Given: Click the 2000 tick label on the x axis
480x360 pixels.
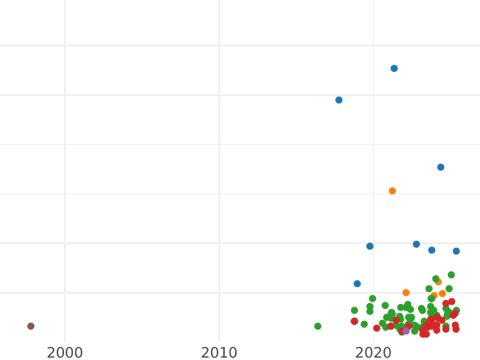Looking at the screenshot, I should [x=65, y=352].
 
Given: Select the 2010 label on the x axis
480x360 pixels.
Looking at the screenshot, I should [x=219, y=352].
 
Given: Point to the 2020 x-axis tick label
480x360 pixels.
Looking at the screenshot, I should [x=373, y=352].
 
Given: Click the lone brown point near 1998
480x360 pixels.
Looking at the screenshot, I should [x=30, y=326].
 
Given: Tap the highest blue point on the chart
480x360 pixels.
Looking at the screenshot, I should [x=394, y=69].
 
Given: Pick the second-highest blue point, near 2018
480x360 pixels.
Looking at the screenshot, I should [x=338, y=100].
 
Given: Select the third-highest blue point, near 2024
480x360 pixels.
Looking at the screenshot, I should [x=440, y=167].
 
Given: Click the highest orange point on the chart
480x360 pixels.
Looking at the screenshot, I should [x=392, y=191].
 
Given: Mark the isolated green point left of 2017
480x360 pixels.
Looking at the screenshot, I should [x=318, y=326].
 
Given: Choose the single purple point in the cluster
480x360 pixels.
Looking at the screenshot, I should [x=406, y=330].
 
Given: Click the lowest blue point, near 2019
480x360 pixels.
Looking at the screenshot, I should [x=357, y=284].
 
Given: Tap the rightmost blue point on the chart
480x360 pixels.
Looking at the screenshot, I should [x=456, y=251].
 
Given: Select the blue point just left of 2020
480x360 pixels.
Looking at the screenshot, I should [x=370, y=246].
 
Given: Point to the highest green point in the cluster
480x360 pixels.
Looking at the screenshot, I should [x=451, y=275].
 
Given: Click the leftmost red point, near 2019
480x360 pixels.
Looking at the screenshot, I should [x=354, y=322].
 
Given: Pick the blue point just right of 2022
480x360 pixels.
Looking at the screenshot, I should [x=416, y=245].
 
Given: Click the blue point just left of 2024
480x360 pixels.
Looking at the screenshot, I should [x=431, y=250].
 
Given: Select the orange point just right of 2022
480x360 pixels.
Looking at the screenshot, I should [x=406, y=293].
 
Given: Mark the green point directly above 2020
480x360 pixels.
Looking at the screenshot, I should [x=372, y=298].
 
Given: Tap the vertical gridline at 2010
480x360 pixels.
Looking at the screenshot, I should [x=219, y=160].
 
